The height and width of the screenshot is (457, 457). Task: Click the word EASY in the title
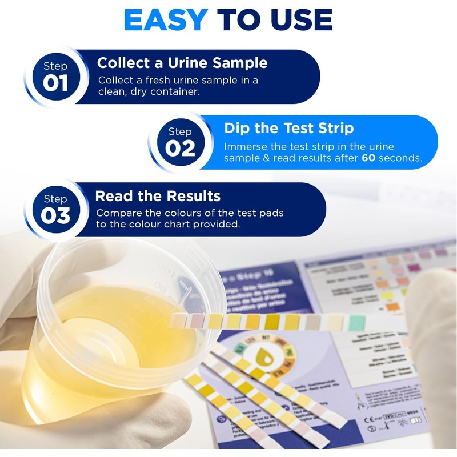166,20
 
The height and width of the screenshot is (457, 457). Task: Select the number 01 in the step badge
55,83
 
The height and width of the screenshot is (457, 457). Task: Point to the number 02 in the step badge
180,149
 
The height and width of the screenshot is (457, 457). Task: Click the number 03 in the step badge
55,216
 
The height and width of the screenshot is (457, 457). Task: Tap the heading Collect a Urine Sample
182,63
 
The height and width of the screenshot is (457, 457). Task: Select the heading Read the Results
158,197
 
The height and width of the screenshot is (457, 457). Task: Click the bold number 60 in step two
370,158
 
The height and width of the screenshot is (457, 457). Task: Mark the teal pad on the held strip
356,322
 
